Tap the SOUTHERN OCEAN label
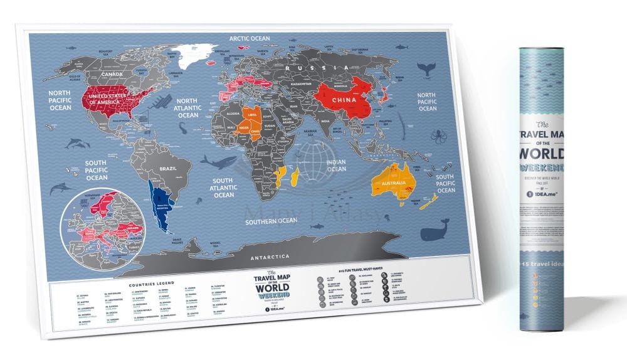point(271,221)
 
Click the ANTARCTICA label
point(271,257)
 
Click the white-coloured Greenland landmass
point(196,61)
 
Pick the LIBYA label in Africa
point(253,116)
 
